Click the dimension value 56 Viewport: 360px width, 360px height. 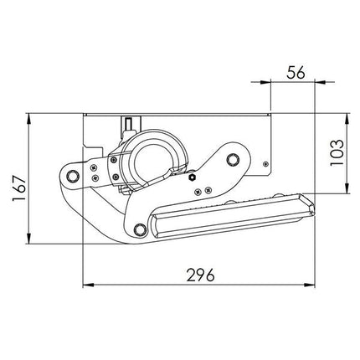pos(296,73)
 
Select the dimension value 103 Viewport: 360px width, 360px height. pos(337,152)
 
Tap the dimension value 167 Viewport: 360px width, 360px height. pos(19,188)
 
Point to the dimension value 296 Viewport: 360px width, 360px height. pos(201,275)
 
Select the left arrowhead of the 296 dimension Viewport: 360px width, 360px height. pos(88,285)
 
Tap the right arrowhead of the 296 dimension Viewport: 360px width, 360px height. pos(310,285)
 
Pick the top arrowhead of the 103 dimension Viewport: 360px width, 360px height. pos(347,118)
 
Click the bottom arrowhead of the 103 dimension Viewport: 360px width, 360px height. pos(347,188)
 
